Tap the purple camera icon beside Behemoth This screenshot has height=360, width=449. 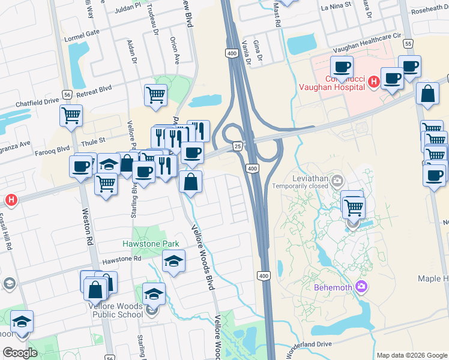click(x=361, y=286)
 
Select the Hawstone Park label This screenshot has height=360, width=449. click(x=151, y=244)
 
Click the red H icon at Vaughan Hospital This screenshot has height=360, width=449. click(x=373, y=81)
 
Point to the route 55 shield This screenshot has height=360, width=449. click(x=409, y=44)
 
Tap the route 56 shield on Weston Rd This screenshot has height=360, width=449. click(x=67, y=95)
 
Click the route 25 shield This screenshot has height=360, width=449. click(x=238, y=146)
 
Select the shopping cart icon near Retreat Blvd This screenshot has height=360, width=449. click(x=155, y=94)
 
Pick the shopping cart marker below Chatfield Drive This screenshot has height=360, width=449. click(x=71, y=115)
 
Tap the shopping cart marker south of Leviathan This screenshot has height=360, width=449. click(x=354, y=208)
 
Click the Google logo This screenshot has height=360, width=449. click(x=20, y=353)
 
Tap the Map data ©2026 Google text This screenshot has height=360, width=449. click(x=411, y=355)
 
